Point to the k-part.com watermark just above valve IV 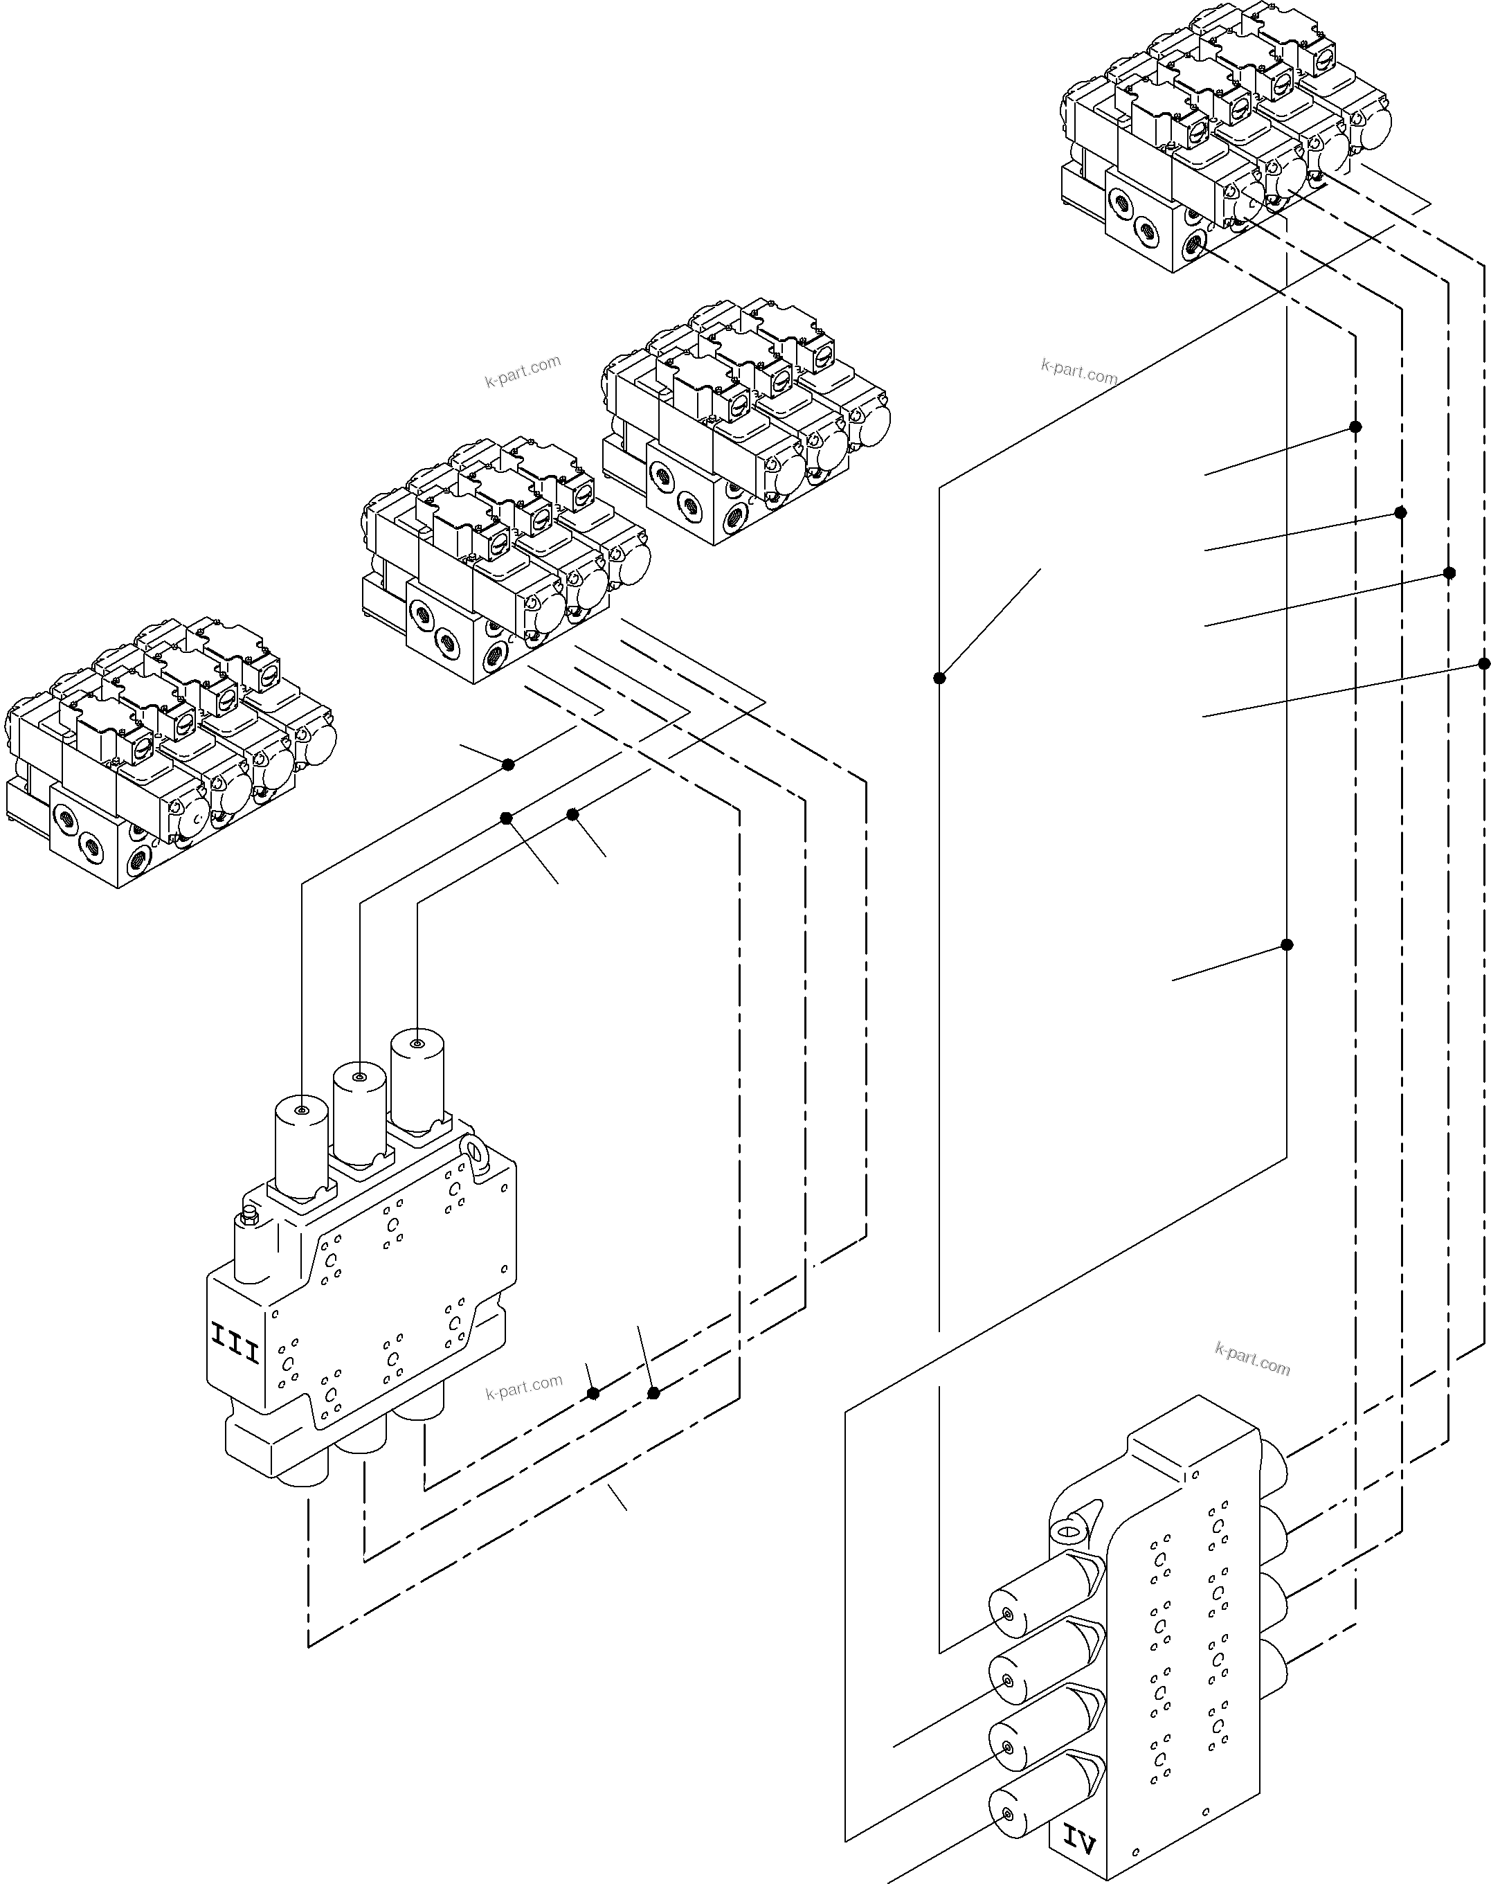coord(1251,1359)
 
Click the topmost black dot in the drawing coord(1355,427)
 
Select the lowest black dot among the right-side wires coord(1286,944)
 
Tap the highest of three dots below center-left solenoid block coord(508,765)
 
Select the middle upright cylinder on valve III coord(359,1109)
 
